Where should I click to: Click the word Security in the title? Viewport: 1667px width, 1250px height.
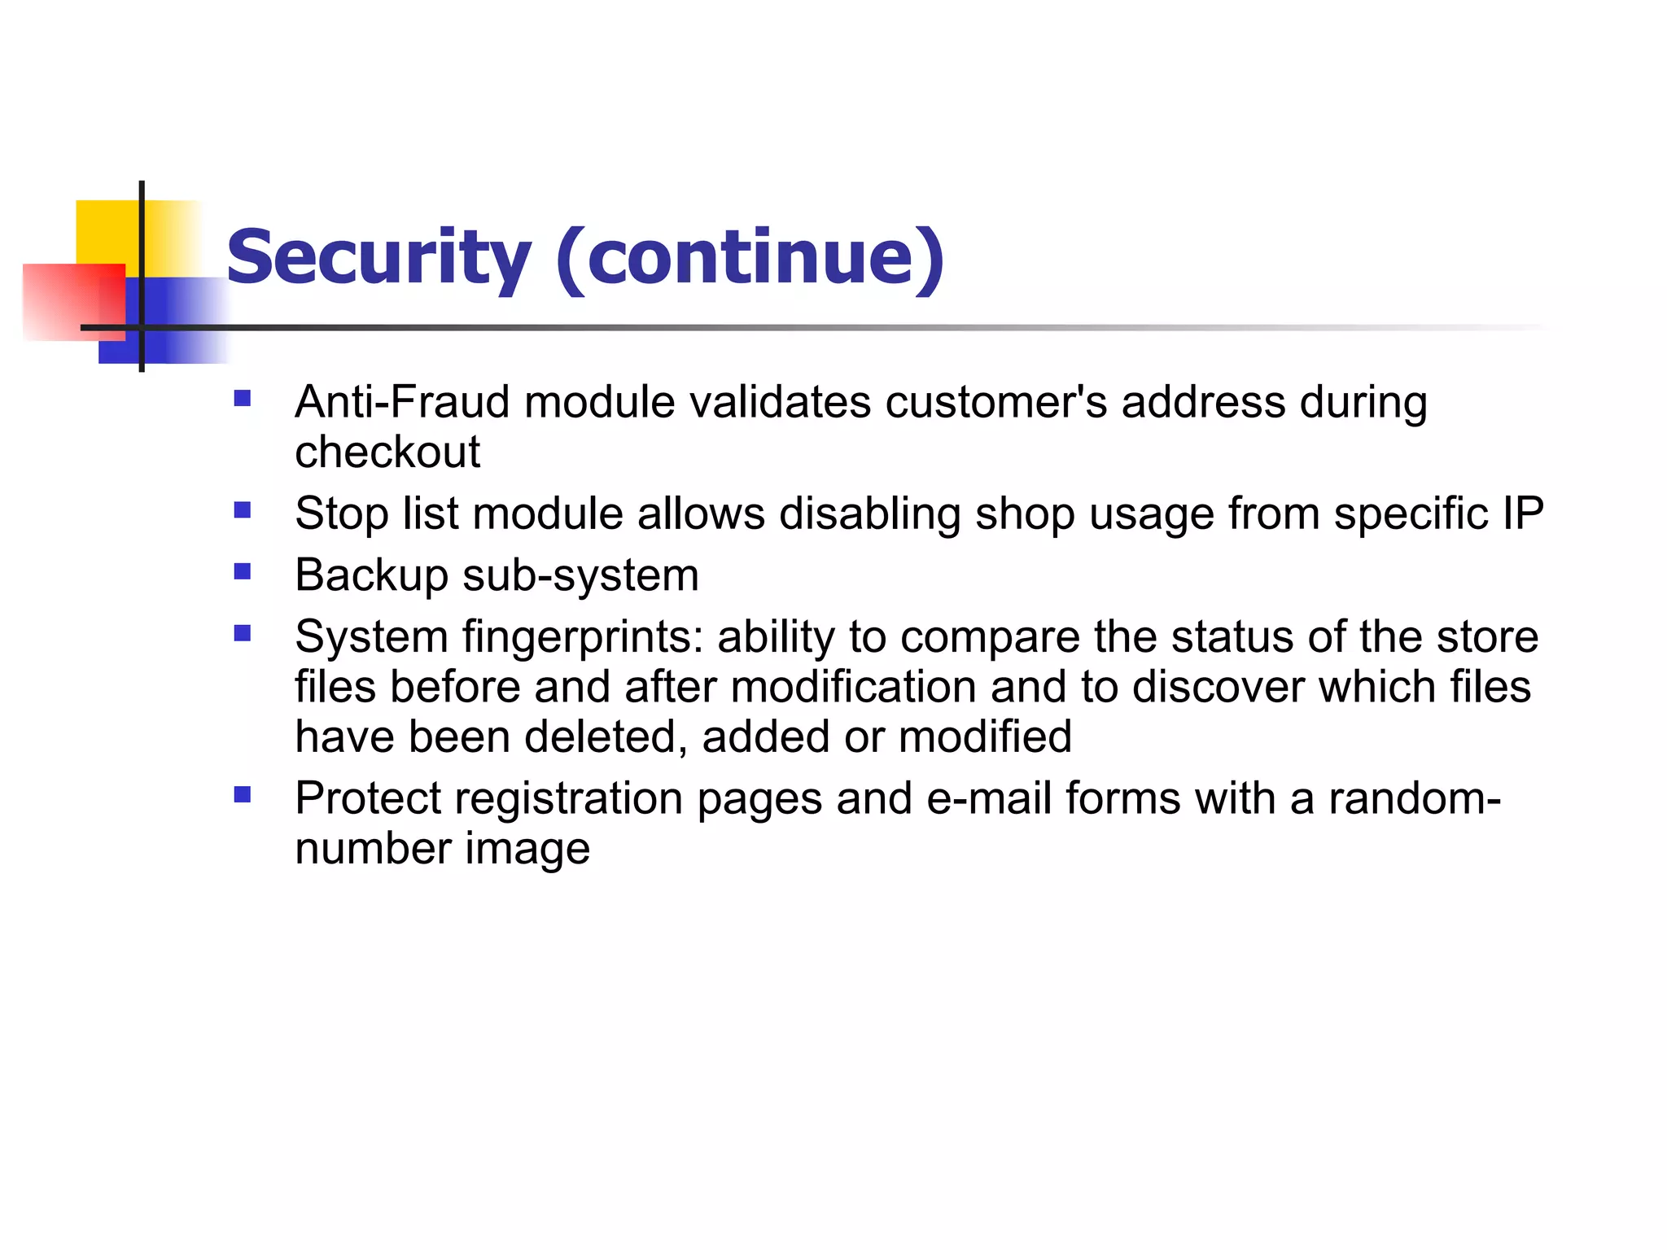(378, 259)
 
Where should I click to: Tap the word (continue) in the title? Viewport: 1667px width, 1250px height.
(750, 259)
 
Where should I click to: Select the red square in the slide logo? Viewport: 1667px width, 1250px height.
(73, 301)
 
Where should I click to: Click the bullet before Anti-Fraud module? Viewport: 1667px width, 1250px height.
(242, 398)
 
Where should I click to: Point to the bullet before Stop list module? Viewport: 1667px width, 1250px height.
(242, 510)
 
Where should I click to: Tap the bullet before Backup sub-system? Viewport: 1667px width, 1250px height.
(242, 571)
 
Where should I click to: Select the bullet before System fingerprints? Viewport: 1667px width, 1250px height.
(242, 633)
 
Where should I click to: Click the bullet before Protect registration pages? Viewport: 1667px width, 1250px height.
(242, 794)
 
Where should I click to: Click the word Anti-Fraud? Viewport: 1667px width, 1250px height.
(402, 402)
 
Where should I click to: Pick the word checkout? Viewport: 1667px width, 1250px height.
(387, 452)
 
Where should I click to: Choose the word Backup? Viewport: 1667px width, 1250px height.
(371, 576)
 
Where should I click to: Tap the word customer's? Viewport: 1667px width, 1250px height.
(996, 402)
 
